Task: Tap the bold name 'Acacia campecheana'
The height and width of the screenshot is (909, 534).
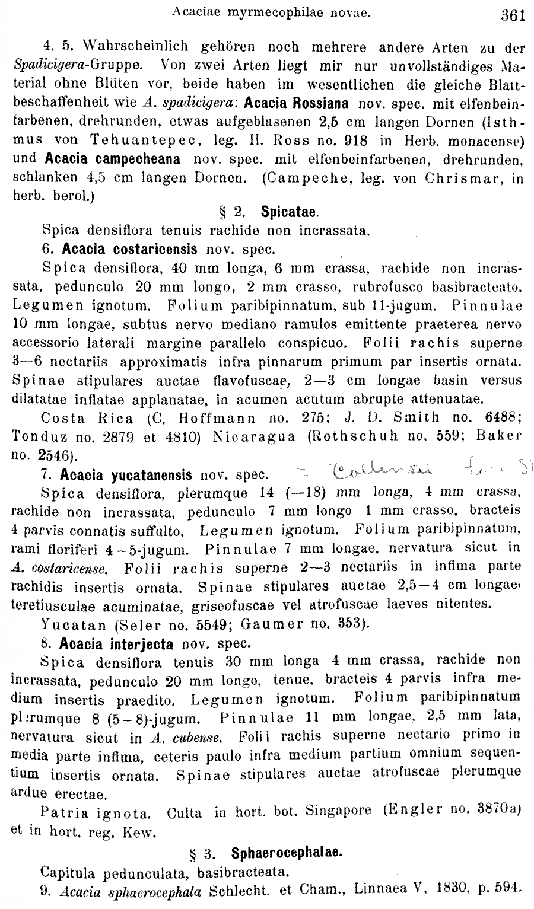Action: (x=113, y=159)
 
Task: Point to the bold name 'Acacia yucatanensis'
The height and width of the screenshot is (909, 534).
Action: (x=126, y=475)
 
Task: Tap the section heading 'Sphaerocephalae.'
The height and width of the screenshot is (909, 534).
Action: (x=286, y=853)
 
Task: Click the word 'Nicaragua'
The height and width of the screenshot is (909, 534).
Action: (x=258, y=436)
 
